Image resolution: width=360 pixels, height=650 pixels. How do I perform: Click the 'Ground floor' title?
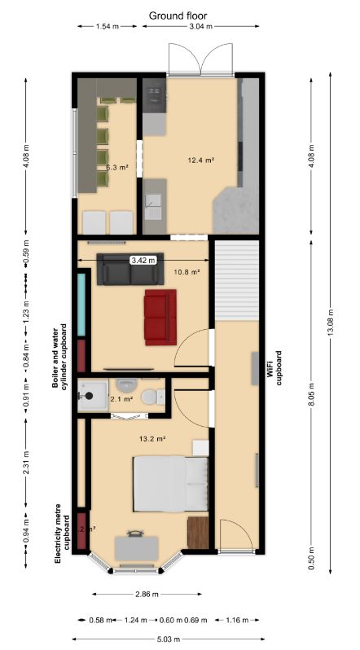178,15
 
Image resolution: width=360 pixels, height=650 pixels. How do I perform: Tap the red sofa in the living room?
160,315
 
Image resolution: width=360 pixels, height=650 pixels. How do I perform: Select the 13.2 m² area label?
152,438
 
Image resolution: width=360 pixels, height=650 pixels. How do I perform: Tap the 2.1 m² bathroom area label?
121,399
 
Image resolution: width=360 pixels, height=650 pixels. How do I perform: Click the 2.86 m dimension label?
149,593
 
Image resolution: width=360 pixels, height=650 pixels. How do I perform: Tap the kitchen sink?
152,201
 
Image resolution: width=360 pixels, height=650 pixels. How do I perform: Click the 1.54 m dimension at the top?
103,27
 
